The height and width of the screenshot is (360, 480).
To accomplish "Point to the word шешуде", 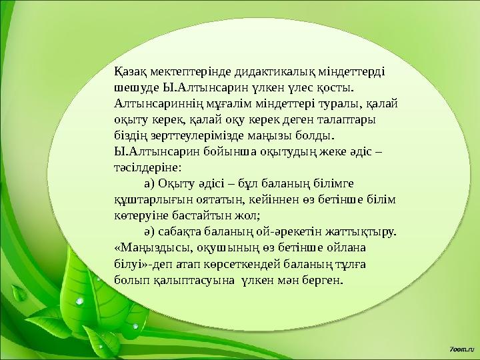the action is click(135, 88).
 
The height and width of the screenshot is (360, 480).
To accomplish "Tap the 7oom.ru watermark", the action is click(461, 349).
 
